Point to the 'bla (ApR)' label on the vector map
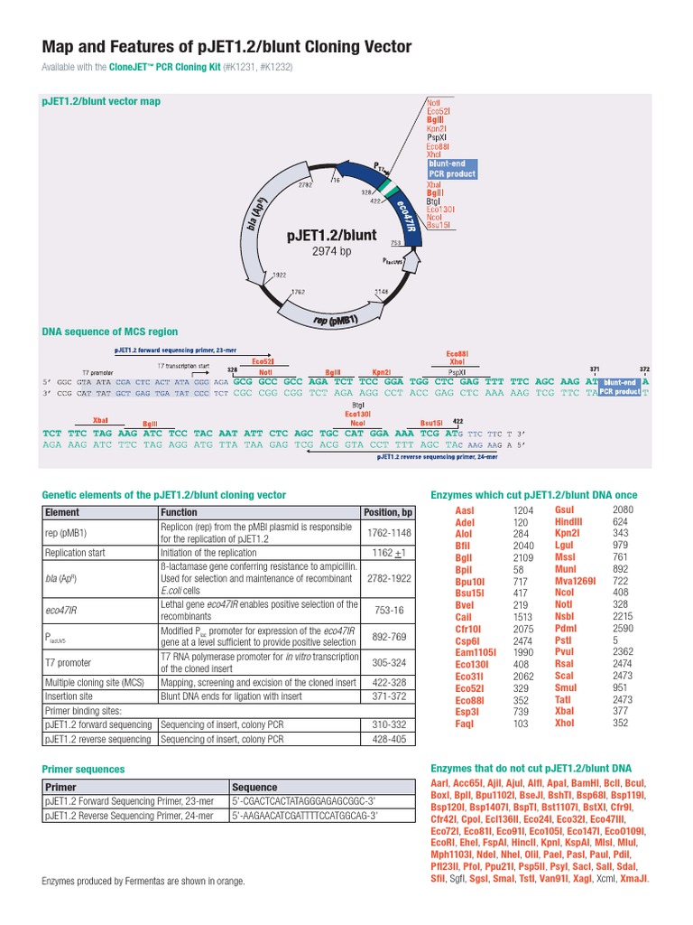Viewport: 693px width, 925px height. pyautogui.click(x=256, y=214)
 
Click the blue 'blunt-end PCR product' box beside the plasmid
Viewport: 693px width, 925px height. pyautogui.click(x=452, y=168)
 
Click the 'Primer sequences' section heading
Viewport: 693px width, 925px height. pyautogui.click(x=84, y=769)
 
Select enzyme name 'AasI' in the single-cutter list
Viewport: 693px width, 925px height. pyautogui.click(x=464, y=510)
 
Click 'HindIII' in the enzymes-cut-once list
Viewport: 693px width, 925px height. pyautogui.click(x=568, y=522)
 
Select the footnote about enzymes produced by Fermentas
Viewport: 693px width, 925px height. pyautogui.click(x=143, y=881)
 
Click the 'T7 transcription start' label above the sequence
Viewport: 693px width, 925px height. pyautogui.click(x=184, y=366)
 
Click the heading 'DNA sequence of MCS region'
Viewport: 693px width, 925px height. pyautogui.click(x=110, y=332)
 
